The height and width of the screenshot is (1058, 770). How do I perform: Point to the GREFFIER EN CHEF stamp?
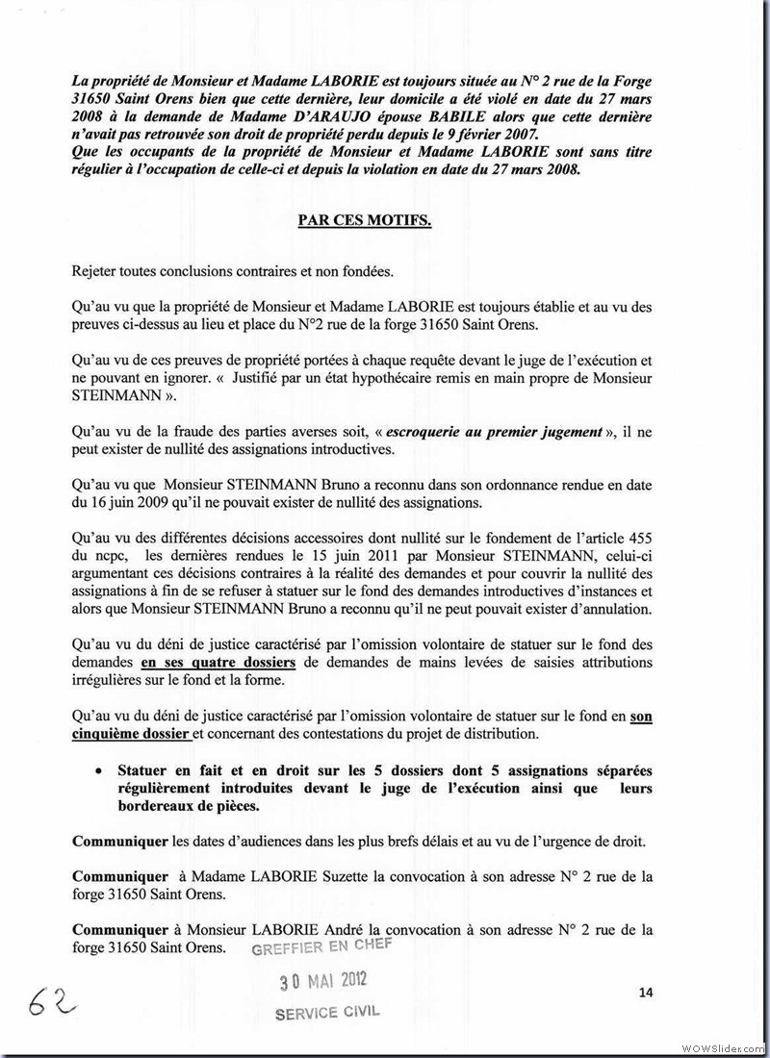coord(318,947)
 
